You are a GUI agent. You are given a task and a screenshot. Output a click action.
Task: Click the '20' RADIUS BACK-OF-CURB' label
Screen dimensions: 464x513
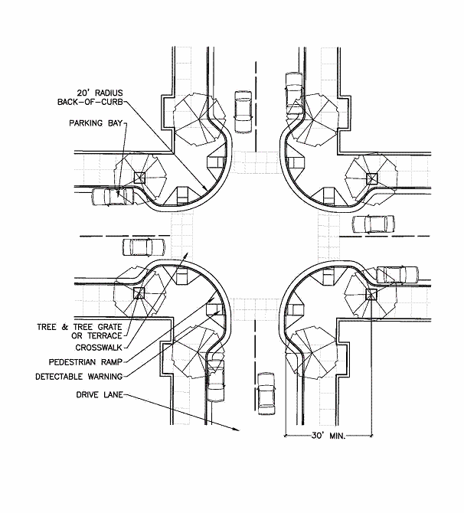90,97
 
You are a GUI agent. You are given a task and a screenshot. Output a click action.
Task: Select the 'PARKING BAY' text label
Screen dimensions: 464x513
96,123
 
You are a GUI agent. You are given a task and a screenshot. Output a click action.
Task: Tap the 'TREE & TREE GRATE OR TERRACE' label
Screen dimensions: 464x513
80,332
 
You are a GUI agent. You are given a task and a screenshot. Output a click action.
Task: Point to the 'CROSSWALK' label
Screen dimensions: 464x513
99,348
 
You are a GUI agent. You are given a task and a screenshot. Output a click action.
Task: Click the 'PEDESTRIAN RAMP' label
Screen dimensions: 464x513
86,362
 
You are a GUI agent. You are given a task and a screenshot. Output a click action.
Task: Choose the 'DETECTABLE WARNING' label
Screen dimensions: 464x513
79,377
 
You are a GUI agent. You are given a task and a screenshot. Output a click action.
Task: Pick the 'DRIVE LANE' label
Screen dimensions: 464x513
100,395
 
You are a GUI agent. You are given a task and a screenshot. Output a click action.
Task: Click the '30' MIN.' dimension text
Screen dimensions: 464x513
328,436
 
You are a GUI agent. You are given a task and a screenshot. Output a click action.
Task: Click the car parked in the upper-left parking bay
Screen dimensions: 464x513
113,196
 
